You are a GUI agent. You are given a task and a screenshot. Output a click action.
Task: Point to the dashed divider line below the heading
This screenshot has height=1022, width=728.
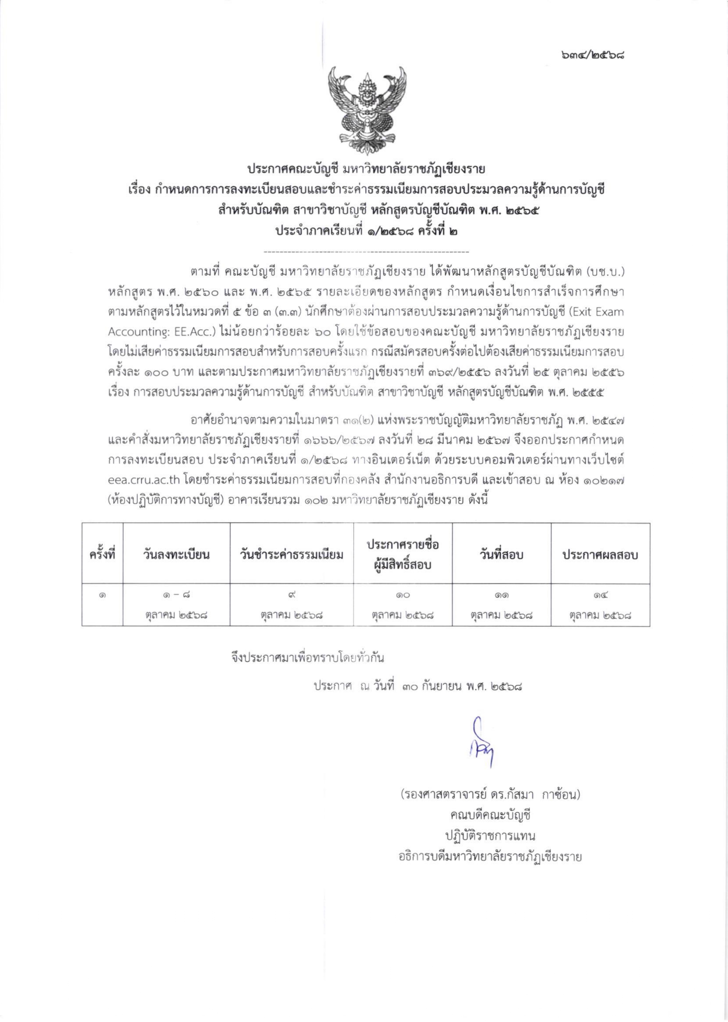coord(366,252)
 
